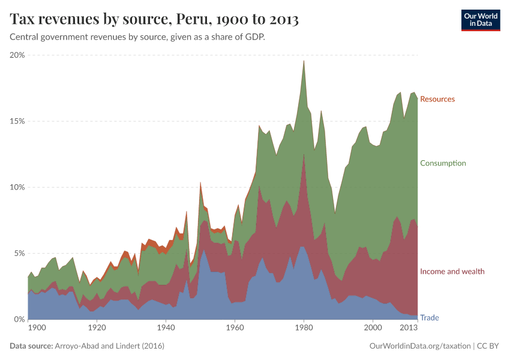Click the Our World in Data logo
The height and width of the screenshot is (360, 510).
pos(480,20)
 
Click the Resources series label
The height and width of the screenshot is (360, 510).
pos(437,99)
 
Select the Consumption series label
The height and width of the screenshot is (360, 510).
pos(443,163)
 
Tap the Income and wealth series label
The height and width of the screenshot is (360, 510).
pos(452,272)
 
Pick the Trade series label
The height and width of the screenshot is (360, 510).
pos(429,317)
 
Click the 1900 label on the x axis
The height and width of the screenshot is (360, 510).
pos(37,328)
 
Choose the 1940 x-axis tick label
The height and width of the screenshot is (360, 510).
pos(166,328)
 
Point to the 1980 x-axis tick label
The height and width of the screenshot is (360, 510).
pos(304,328)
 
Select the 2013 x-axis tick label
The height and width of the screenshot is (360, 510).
pos(409,328)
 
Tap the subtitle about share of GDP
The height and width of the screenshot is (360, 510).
pos(137,37)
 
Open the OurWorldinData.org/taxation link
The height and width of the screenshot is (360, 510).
pos(419,346)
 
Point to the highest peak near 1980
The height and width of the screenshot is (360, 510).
pos(304,61)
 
